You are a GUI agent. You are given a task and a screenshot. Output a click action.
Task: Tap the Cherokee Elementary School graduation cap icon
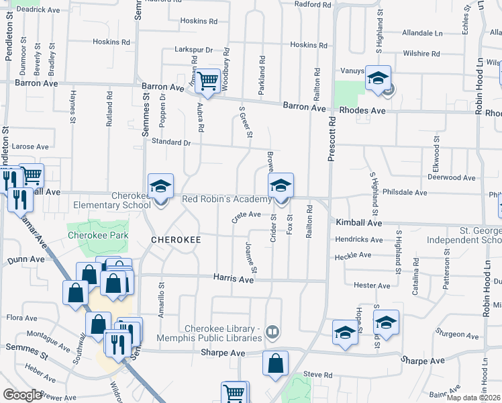pos(160,187)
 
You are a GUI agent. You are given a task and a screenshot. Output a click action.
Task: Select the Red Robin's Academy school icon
pos(281,187)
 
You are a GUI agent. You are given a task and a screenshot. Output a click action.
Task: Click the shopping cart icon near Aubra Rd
pos(208,81)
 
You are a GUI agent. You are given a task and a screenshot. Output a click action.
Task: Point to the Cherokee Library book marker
pos(272,330)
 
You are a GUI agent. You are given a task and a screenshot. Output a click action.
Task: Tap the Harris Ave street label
pos(234,278)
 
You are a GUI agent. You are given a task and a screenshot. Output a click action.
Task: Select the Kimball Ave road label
pos(359,222)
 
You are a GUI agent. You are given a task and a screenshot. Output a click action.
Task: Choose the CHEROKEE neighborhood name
pos(177,240)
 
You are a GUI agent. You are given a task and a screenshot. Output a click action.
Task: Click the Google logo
pos(23,395)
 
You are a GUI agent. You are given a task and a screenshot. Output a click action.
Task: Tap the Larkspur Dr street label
pos(193,50)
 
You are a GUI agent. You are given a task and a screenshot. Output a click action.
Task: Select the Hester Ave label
pos(372,285)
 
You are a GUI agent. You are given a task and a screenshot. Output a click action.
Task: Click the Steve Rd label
pos(318,374)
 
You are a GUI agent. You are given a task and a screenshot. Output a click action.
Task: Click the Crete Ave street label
pos(246,215)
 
